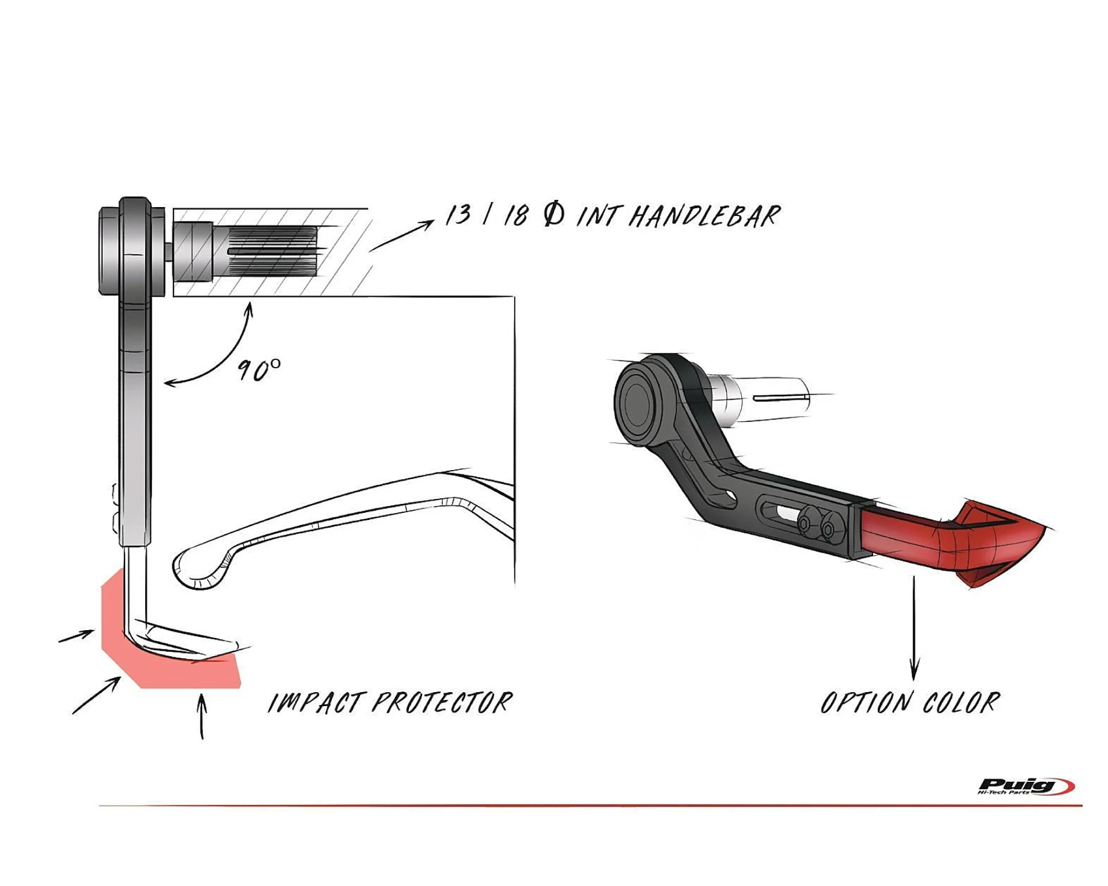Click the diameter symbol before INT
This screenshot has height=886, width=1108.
[x=553, y=215]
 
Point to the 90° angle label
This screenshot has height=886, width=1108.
[x=259, y=369]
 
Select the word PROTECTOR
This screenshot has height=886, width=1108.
[x=443, y=702]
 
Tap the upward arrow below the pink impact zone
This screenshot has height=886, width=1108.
[x=202, y=716]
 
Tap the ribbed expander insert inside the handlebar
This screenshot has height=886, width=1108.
[x=272, y=252]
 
